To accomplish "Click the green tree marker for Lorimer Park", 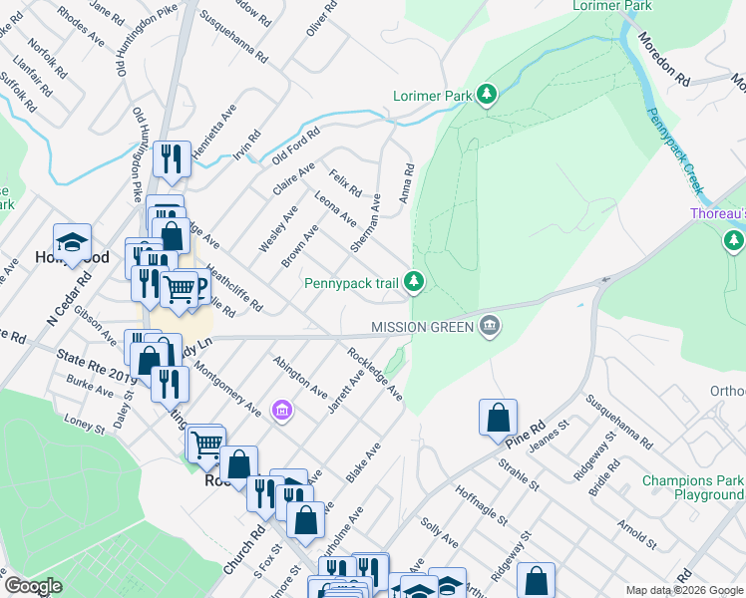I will [x=487, y=95].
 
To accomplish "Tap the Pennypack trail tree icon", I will [x=415, y=283].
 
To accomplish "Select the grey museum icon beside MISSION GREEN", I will [x=490, y=325].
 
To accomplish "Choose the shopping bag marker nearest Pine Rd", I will [x=498, y=419].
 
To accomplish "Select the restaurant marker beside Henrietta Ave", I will [x=172, y=159].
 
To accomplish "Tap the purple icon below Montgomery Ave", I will [x=282, y=410].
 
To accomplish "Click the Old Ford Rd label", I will [x=295, y=147].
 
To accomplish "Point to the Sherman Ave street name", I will [x=366, y=222].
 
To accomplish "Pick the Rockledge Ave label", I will [x=374, y=374].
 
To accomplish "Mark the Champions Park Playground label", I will [x=693, y=487].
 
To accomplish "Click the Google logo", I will [x=34, y=585].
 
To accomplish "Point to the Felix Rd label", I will [x=345, y=183].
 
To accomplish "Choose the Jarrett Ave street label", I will [x=344, y=394].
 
